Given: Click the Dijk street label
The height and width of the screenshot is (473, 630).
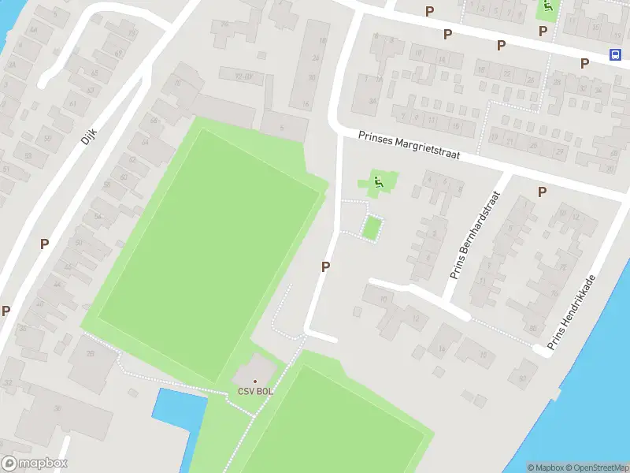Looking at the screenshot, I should tap(87, 137).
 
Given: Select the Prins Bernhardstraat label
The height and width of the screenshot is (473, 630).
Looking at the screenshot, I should tap(476, 235).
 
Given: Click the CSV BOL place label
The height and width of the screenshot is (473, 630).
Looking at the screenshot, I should tap(254, 392).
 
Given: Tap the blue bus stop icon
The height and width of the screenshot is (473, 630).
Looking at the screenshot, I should tap(615, 54).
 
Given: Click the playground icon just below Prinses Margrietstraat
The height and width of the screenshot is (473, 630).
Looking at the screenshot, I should tap(378, 183).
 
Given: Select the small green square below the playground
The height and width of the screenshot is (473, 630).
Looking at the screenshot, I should tap(372, 229).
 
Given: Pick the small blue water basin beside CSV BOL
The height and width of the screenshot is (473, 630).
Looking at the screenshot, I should tap(178, 409).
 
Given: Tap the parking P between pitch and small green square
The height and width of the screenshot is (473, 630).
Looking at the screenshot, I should tap(324, 267).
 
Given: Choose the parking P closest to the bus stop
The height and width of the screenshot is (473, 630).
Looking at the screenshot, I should tap(584, 63).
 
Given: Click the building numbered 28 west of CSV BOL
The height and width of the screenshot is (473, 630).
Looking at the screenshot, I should tap(90, 352).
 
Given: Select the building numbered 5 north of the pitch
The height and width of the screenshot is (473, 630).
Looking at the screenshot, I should tap(282, 128).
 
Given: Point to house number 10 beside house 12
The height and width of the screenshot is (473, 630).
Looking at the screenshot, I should tap(384, 300).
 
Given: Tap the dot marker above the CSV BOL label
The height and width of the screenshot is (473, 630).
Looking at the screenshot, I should tap(254, 382).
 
